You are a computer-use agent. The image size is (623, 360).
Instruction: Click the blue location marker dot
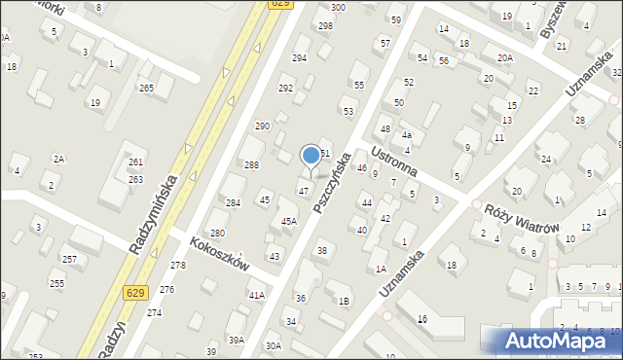[311, 155]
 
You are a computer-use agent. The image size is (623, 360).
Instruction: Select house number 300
[338, 7]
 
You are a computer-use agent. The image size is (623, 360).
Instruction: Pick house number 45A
[289, 222]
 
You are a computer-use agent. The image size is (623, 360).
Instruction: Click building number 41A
[256, 295]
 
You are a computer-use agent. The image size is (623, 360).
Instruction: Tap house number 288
[251, 165]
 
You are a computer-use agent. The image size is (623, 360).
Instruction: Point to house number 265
[146, 89]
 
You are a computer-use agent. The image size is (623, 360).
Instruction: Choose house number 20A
[504, 58]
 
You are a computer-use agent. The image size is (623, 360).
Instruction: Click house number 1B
[344, 301]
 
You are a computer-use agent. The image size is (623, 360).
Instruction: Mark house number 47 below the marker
[304, 191]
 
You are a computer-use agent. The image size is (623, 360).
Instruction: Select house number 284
[233, 203]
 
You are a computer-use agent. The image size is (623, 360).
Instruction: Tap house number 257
[69, 260]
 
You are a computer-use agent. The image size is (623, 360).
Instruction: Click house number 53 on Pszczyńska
[348, 112]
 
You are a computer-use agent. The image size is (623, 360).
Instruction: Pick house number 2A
[58, 159]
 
